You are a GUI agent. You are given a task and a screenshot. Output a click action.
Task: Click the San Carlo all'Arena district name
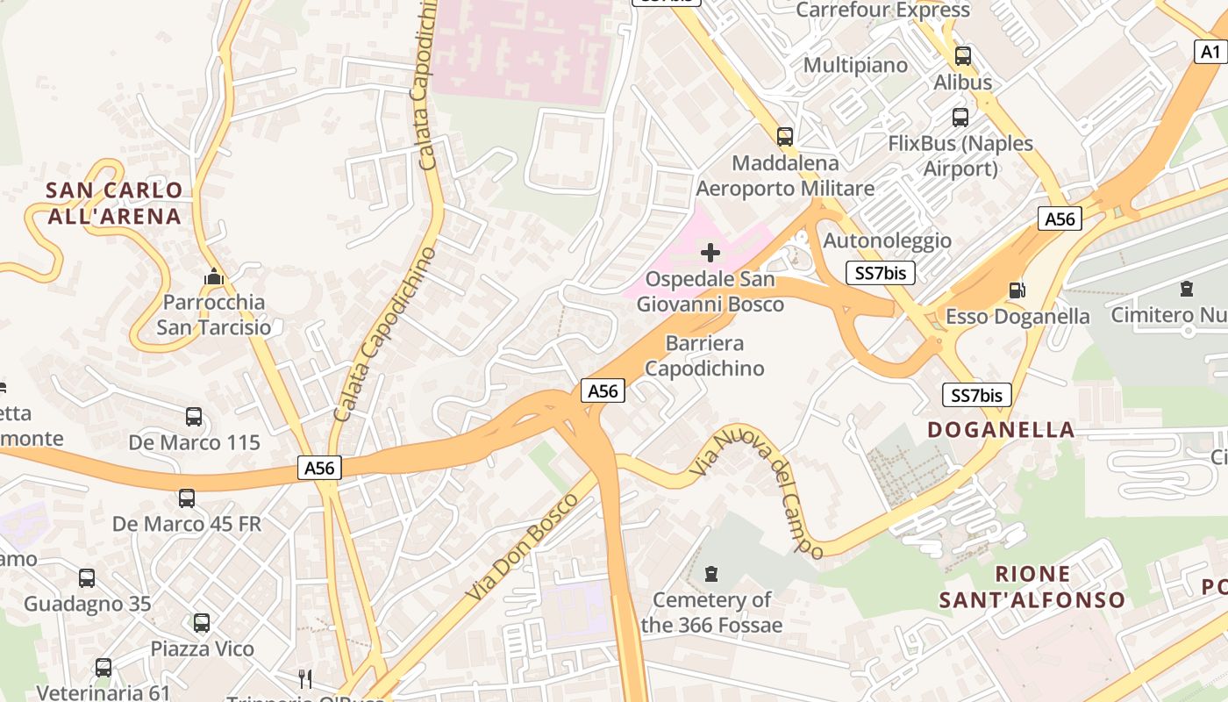pos(114,203)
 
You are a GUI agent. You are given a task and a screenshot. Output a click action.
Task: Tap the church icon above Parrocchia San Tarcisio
pos(213,277)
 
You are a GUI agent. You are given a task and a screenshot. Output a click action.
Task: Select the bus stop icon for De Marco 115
pos(194,417)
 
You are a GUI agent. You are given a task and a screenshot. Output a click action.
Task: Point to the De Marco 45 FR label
pos(187,524)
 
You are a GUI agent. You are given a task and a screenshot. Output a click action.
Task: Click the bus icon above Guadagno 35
pos(86,578)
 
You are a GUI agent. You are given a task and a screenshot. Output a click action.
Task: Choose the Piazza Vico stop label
pos(203,648)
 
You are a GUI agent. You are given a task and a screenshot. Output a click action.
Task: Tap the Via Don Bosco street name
pos(522,547)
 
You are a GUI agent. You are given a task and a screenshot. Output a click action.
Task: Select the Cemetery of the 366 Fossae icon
pos(711,574)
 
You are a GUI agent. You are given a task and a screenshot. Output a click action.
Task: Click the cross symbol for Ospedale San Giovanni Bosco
pos(710,254)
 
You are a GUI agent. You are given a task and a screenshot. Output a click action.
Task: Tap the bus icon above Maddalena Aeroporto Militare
pos(784,137)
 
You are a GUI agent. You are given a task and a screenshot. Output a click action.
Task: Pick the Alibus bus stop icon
pos(962,56)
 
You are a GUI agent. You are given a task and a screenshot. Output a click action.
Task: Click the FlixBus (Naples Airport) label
pos(960,155)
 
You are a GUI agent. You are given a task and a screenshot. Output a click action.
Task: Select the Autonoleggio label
pos(887,240)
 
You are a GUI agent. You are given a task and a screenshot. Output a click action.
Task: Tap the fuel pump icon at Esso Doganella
pos(1017,290)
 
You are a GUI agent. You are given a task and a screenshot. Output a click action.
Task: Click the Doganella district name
pos(1001,429)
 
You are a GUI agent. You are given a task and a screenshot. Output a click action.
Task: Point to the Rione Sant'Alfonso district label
pos(1032,587)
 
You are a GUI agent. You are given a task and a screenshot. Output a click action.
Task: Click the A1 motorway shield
pos(1210,52)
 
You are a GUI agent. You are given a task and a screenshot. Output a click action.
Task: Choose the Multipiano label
pos(855,65)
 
